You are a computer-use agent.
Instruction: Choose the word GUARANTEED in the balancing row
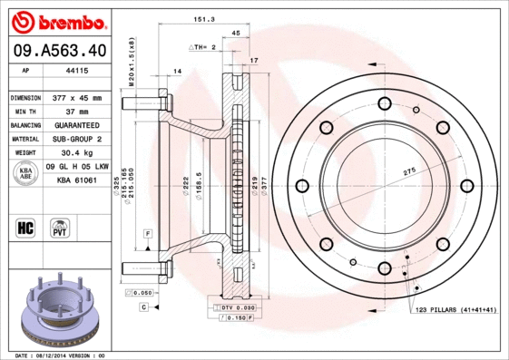(x=78, y=125)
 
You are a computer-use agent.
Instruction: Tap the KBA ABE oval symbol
(x=26, y=174)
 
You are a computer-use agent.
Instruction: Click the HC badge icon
(x=26, y=226)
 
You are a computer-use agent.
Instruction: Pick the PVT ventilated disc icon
(x=60, y=226)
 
